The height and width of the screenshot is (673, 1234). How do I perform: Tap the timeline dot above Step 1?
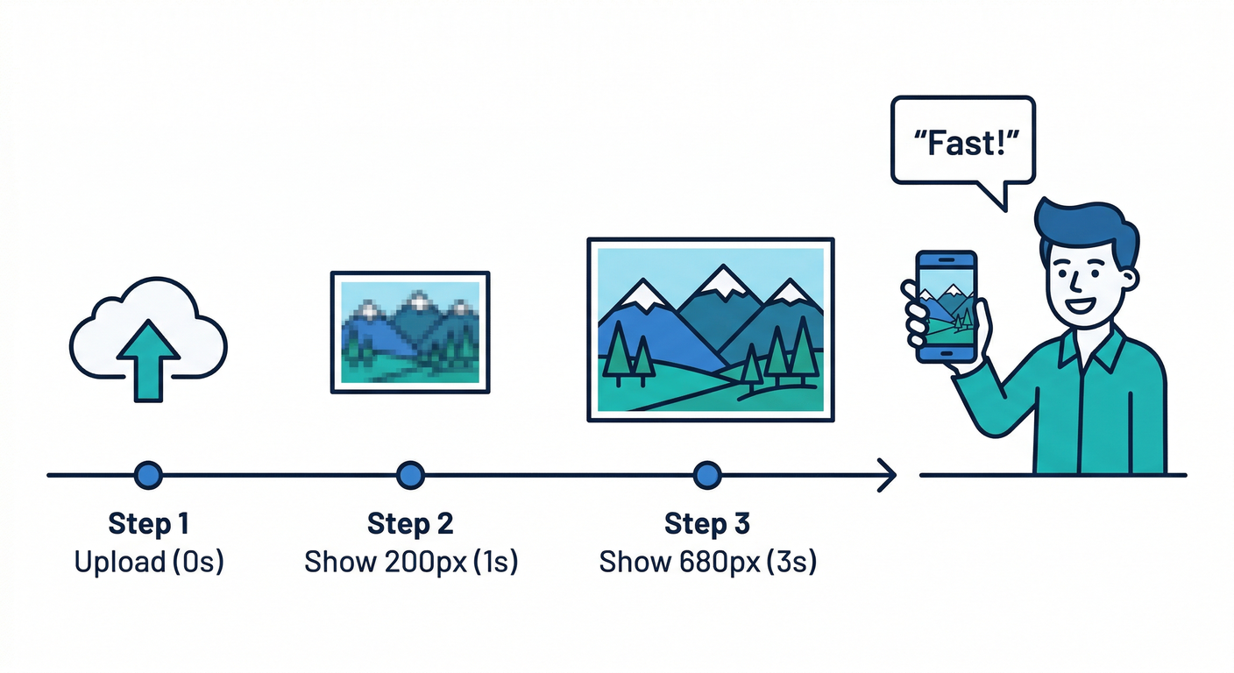coord(149,475)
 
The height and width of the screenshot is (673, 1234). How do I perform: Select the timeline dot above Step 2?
coord(410,475)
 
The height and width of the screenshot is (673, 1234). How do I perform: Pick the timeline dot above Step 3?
coord(706,475)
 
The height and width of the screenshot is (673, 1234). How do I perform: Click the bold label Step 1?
coord(149,524)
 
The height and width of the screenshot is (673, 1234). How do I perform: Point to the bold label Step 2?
coord(410,524)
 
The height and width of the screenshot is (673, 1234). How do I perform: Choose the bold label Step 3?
coord(707,524)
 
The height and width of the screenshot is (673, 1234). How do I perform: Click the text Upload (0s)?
coord(149,562)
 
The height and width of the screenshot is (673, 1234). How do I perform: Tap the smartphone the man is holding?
coord(946,307)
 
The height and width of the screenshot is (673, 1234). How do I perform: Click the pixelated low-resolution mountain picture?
coord(409,332)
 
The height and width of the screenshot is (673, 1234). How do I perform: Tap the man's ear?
coord(1129,279)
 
